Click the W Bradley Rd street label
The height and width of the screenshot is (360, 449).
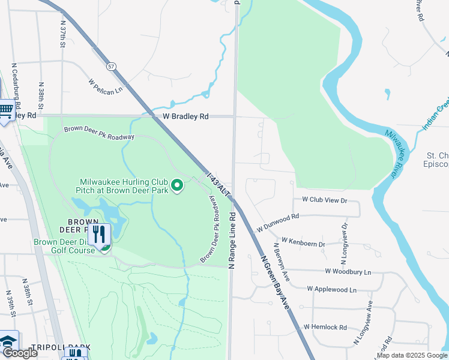tap(181, 116)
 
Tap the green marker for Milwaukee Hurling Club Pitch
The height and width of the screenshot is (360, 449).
tap(177, 187)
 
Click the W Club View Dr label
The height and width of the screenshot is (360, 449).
tap(325, 200)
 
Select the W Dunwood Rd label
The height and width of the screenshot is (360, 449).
tap(277, 222)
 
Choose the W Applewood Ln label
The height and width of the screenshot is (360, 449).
tap(331, 289)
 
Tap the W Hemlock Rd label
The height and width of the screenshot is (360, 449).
tap(325, 327)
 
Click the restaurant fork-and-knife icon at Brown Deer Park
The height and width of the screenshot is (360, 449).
tap(100, 235)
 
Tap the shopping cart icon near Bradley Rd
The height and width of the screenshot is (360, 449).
tap(6, 109)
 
